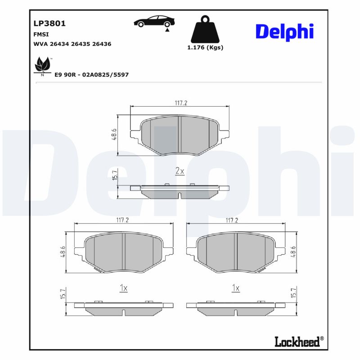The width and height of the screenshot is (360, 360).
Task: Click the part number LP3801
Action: [x=46, y=23]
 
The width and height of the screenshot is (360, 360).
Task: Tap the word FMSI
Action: [x=41, y=34]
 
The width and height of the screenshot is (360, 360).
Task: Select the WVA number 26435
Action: [x=82, y=44]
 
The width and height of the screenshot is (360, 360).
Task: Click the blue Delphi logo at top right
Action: [x=284, y=31]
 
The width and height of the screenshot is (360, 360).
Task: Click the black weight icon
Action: [x=205, y=29]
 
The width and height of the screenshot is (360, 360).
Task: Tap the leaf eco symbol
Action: [x=42, y=65]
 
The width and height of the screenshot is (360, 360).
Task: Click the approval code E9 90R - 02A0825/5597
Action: [x=91, y=75]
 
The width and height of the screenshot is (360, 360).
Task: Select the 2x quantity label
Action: [x=180, y=171]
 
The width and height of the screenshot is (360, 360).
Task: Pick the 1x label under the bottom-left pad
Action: [x=124, y=288]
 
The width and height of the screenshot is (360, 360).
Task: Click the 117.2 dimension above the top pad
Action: [x=180, y=103]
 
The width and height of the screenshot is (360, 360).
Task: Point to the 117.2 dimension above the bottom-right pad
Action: [x=231, y=220]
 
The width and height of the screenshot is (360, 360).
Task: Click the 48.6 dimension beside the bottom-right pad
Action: [x=293, y=252]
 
